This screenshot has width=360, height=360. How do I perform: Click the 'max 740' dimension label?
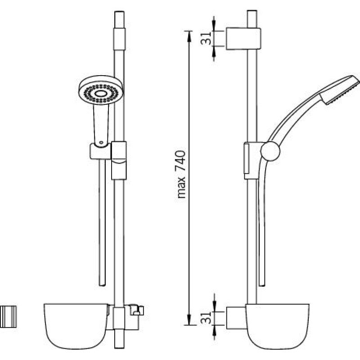pos(181,174)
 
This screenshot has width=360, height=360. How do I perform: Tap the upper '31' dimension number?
pos(206,39)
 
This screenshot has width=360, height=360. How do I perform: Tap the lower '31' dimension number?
pos(206,318)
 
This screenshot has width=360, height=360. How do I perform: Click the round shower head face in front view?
pos(101,90)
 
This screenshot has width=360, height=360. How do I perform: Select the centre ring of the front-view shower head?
pos(101,93)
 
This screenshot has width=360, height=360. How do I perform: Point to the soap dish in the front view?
pos(76,325)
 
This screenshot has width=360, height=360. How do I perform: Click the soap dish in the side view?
pos(277,326)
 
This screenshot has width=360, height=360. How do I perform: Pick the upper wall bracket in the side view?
pos(243,39)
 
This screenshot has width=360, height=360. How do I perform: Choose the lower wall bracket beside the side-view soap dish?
pos(237,318)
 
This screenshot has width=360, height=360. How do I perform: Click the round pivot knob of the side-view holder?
pos(270,151)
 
